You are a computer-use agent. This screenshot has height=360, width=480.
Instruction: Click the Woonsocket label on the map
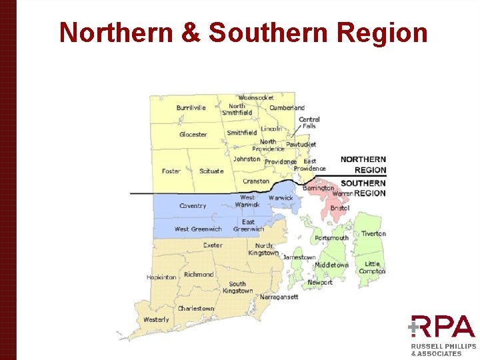click(x=256, y=98)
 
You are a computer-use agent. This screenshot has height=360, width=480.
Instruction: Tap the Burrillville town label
click(x=191, y=108)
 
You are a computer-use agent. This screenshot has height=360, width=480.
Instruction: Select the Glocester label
click(x=193, y=135)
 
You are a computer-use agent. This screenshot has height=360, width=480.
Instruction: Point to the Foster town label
click(x=171, y=171)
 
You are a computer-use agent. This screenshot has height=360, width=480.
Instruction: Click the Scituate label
click(x=211, y=171)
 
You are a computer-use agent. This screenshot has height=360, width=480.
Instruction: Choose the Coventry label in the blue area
click(x=193, y=206)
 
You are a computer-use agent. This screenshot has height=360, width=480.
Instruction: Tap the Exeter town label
click(x=213, y=245)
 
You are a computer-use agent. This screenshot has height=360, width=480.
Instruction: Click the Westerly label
click(x=156, y=320)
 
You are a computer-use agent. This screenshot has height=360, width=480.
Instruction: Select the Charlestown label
click(x=196, y=309)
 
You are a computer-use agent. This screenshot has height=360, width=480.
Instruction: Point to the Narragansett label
click(x=279, y=297)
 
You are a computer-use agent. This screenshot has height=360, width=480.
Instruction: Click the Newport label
click(x=319, y=283)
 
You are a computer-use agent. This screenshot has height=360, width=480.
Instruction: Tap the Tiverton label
click(x=373, y=234)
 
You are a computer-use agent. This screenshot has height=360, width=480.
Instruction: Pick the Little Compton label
click(x=372, y=267)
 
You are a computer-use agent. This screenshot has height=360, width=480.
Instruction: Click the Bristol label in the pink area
click(x=339, y=209)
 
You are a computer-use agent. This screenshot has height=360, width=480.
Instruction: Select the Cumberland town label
click(x=287, y=108)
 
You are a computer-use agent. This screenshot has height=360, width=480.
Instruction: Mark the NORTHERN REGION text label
click(x=363, y=165)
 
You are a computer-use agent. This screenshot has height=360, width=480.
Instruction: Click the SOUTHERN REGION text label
click(x=363, y=188)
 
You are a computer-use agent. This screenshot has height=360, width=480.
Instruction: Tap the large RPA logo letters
click(x=443, y=327)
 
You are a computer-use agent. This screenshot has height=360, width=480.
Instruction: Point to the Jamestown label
click(x=299, y=257)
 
